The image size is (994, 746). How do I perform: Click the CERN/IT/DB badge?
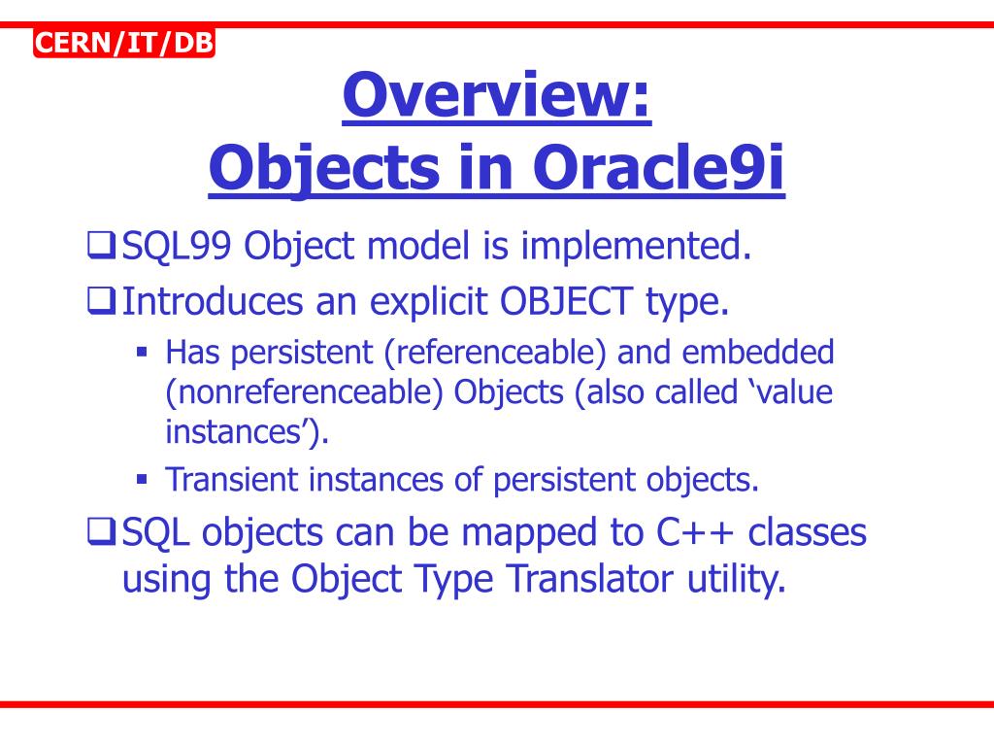123,44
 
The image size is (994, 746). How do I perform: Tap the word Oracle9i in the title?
658,168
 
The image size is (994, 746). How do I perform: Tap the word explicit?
414,302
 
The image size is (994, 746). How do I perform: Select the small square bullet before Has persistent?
142,352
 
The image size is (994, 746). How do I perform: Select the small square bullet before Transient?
142,479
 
